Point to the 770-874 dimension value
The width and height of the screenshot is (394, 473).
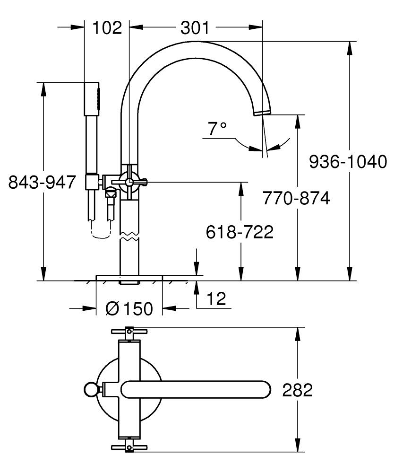pyautogui.click(x=296, y=198)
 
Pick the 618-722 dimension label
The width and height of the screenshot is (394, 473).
pyautogui.click(x=240, y=232)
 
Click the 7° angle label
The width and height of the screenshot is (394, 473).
pyautogui.click(x=217, y=129)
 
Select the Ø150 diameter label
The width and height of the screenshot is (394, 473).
pyautogui.click(x=129, y=309)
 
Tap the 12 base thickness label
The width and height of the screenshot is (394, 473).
pyautogui.click(x=215, y=298)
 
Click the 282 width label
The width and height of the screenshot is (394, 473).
pyautogui.click(x=298, y=391)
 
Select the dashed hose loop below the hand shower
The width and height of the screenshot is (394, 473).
pyautogui.click(x=100, y=233)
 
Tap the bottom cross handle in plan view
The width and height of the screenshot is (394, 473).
pyautogui.click(x=129, y=447)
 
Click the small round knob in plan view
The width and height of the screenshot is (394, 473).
pyautogui.click(x=90, y=389)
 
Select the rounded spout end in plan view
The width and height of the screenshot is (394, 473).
pyautogui.click(x=262, y=389)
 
